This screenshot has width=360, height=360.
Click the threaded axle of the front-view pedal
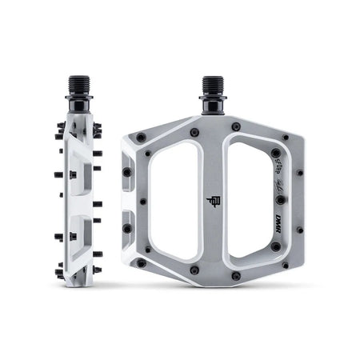214,86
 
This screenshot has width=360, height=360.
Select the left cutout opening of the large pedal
177,200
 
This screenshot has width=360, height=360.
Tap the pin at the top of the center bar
194,132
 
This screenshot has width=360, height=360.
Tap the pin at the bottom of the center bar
194,270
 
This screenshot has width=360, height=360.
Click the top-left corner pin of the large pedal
142,138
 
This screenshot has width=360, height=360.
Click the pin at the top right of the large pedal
286,137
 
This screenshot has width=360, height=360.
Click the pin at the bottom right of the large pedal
286,265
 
